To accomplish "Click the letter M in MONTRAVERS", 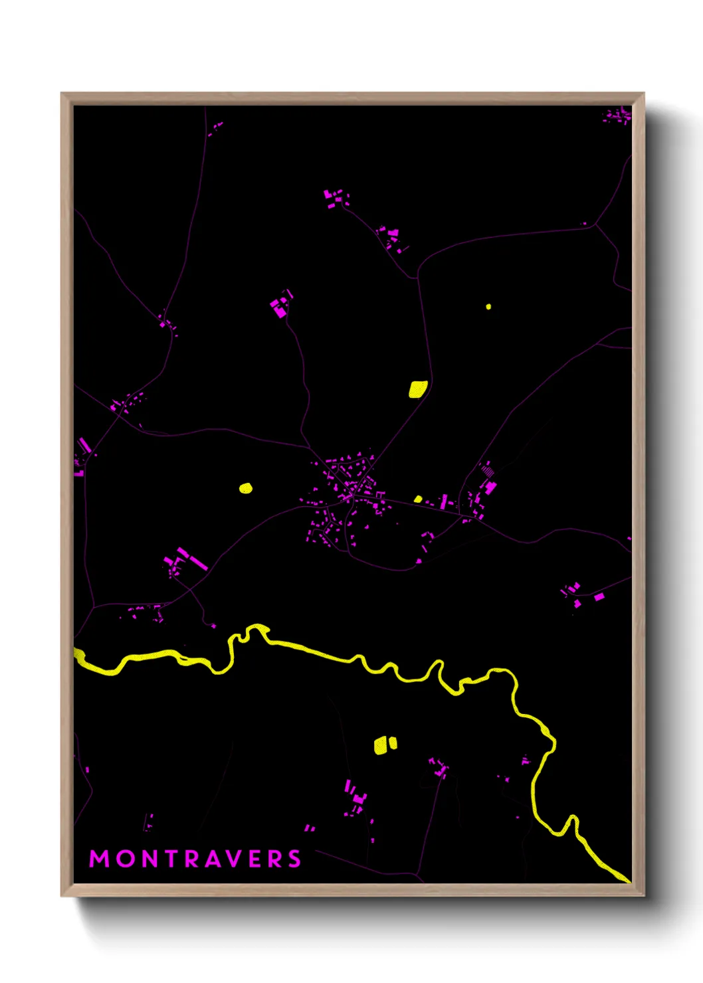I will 99,859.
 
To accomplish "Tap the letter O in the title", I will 126,859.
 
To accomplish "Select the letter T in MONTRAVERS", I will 172,859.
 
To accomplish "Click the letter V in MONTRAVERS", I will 240,859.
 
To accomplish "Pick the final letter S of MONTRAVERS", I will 294,859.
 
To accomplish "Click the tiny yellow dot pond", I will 488,307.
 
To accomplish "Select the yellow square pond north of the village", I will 417,389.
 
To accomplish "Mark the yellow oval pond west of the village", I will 246,489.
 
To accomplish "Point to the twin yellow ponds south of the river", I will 385,745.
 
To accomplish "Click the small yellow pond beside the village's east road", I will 418,499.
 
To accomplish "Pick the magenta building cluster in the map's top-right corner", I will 617,116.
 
